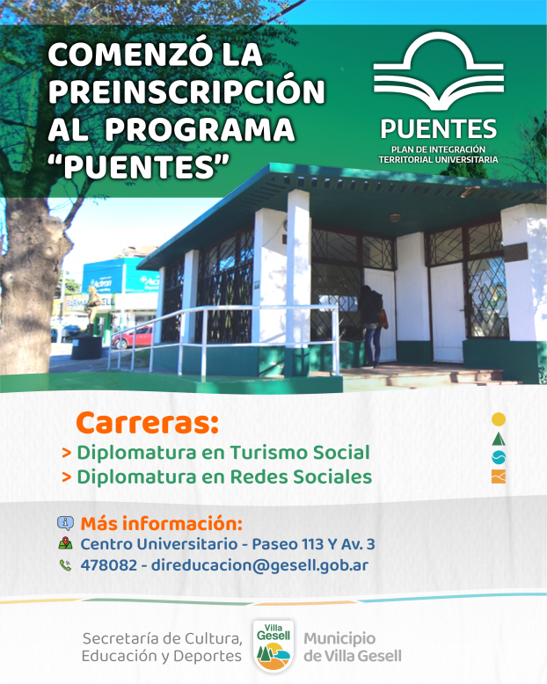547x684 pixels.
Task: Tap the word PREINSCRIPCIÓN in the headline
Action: pos(186,91)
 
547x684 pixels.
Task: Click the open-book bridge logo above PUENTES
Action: pos(439,71)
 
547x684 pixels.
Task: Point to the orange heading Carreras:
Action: pos(147,422)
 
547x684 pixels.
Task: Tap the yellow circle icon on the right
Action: pos(498,419)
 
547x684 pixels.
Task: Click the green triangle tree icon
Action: pos(498,439)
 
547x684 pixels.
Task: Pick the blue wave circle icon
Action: pos(498,457)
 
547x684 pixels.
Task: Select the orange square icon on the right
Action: pos(498,477)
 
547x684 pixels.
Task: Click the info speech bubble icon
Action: pos(65,522)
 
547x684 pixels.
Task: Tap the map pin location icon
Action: pos(65,543)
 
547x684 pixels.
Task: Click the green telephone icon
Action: pos(65,565)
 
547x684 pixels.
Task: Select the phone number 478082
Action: pos(109,565)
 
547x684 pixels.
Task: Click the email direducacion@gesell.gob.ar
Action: pos(260,566)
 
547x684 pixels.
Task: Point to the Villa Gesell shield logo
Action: pos(273,646)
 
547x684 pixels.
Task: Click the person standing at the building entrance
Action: pos(372,325)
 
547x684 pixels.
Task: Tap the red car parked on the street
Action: pos(133,338)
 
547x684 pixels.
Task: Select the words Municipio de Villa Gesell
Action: pos(353,647)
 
